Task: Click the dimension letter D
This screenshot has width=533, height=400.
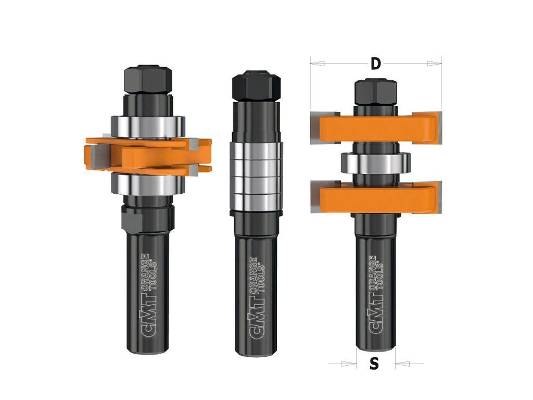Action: coord(375,64)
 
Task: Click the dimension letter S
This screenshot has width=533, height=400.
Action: coord(374,364)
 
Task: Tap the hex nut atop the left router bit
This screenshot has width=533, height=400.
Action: coord(148,80)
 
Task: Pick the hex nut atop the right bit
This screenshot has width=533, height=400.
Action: coord(376,92)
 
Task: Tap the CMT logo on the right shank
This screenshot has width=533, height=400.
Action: coord(376,296)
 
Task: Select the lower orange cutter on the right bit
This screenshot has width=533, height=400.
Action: coord(376,197)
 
